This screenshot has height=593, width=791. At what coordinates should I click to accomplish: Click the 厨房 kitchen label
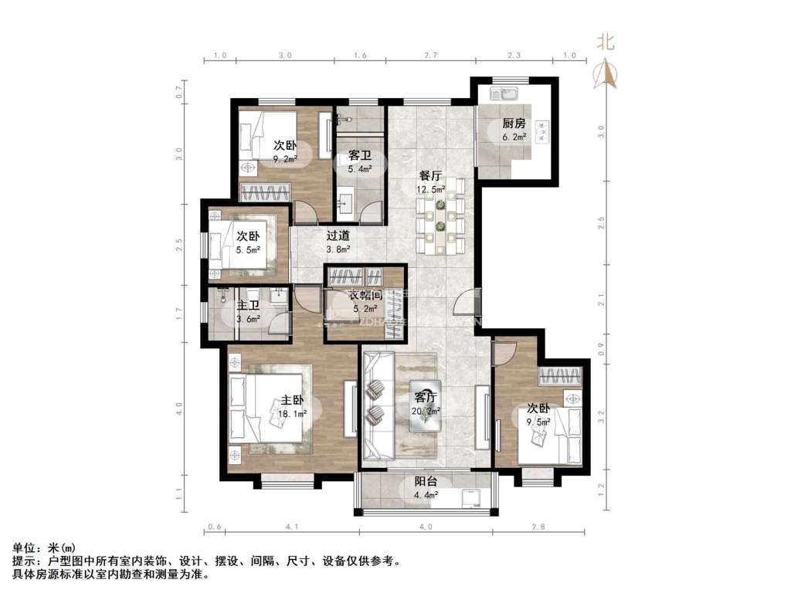point(514,124)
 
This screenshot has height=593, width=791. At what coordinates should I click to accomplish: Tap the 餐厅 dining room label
point(431,176)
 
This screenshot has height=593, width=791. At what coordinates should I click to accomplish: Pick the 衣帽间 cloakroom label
point(365,296)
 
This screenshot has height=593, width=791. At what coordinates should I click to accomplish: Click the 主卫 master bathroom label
point(248,304)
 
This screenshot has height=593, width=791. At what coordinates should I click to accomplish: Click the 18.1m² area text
point(294,414)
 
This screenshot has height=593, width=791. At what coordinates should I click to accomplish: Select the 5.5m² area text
point(247,250)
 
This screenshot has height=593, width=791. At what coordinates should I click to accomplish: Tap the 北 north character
point(606,43)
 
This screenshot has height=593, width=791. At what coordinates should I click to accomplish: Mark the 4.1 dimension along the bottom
point(291,527)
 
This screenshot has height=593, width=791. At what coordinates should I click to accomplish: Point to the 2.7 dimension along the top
point(430,56)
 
